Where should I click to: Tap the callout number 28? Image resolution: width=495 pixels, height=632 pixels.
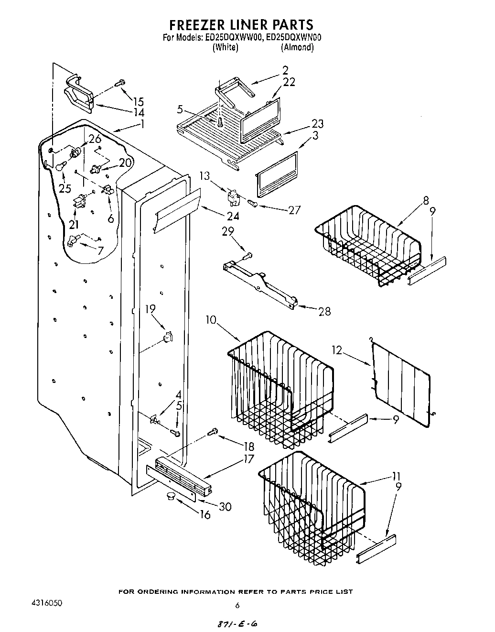(324, 311)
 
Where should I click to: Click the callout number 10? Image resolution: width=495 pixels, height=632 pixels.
(212, 319)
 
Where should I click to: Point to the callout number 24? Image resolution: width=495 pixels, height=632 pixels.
(233, 216)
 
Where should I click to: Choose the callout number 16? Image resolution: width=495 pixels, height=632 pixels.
(205, 515)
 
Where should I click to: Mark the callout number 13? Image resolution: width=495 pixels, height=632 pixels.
(205, 176)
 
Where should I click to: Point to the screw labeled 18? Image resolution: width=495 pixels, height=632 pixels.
(213, 432)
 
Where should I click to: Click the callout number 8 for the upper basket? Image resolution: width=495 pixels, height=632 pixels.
(426, 200)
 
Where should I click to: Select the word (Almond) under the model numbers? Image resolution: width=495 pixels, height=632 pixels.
(297, 47)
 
